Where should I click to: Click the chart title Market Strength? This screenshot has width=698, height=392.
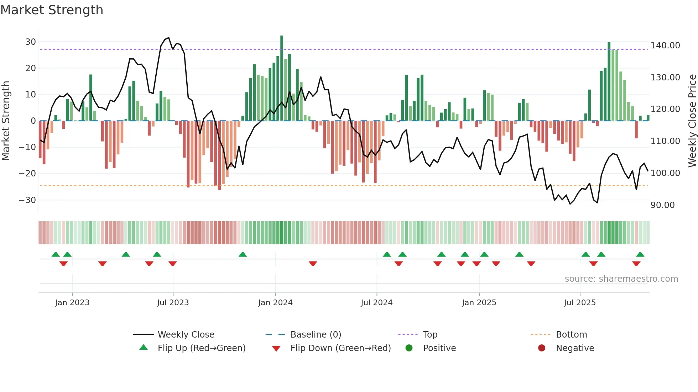pos(52,10)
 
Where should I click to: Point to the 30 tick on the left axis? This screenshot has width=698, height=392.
pos(31,42)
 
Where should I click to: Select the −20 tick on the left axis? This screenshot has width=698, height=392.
pos(27,174)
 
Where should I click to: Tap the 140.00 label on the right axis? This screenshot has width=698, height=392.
pos(665,46)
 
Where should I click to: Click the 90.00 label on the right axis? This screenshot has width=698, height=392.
pos(662,205)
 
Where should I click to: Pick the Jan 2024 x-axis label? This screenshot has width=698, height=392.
pos(275,303)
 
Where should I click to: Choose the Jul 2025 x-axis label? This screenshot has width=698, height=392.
pos(579,303)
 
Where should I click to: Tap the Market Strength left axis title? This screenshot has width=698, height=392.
pos(6,121)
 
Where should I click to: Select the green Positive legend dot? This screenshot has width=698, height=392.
pos(409,348)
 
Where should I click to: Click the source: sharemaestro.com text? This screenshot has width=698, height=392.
pos(621,279)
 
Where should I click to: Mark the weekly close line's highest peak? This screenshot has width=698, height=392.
pos(169,38)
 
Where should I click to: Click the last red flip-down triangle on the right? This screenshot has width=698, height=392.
pos(636,264)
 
